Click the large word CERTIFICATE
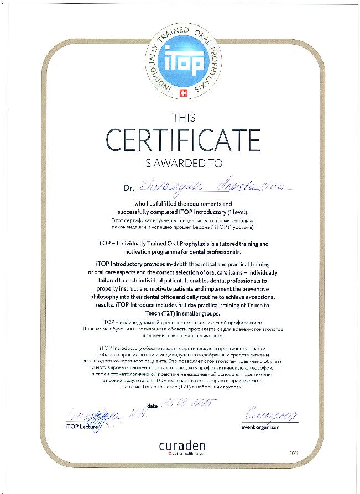click(183, 140)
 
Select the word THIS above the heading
click(183, 117)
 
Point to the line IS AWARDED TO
click(182, 163)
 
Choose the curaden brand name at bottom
click(183, 445)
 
